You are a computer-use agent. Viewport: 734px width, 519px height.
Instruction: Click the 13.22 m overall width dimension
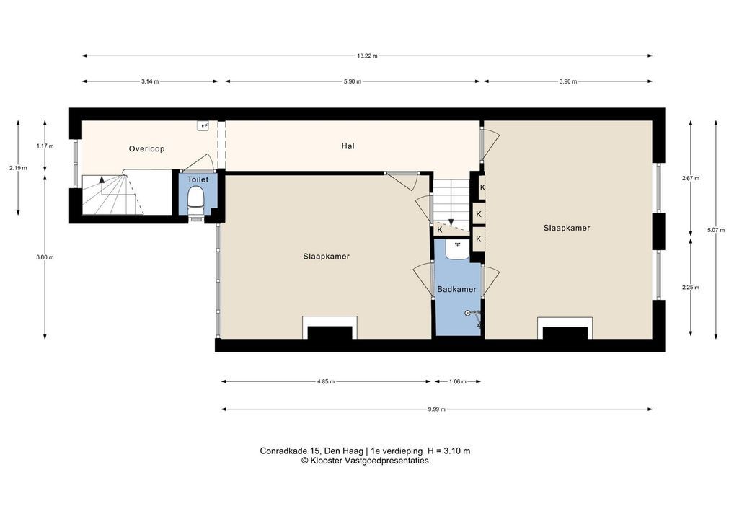pyautogui.click(x=367, y=56)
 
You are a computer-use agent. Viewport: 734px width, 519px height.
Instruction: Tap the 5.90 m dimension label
pyautogui.click(x=352, y=81)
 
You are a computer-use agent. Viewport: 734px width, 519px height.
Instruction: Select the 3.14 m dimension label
pyautogui.click(x=150, y=81)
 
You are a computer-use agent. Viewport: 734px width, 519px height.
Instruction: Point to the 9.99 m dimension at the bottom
pyautogui.click(x=436, y=409)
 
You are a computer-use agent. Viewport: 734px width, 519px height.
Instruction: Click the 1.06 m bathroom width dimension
pyautogui.click(x=457, y=381)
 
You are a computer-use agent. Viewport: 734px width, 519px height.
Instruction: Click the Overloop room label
pyautogui.click(x=146, y=148)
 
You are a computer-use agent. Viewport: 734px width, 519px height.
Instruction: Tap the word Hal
pyautogui.click(x=348, y=146)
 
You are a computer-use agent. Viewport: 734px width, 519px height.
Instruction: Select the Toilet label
pyautogui.click(x=198, y=179)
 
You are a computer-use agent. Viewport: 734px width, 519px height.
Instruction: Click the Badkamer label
pyautogui.click(x=456, y=289)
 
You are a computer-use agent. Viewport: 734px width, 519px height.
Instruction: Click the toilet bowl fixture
pyautogui.click(x=195, y=200)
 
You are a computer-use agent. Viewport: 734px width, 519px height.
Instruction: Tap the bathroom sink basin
pyautogui.click(x=456, y=250)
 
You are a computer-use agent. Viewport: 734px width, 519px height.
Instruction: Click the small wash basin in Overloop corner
pyautogui.click(x=203, y=125)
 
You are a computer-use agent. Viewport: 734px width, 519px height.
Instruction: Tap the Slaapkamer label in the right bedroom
pyautogui.click(x=567, y=228)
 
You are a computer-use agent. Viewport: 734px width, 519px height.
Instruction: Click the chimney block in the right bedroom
pyautogui.click(x=565, y=333)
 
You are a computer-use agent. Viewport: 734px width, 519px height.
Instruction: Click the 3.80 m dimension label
pyautogui.click(x=45, y=257)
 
